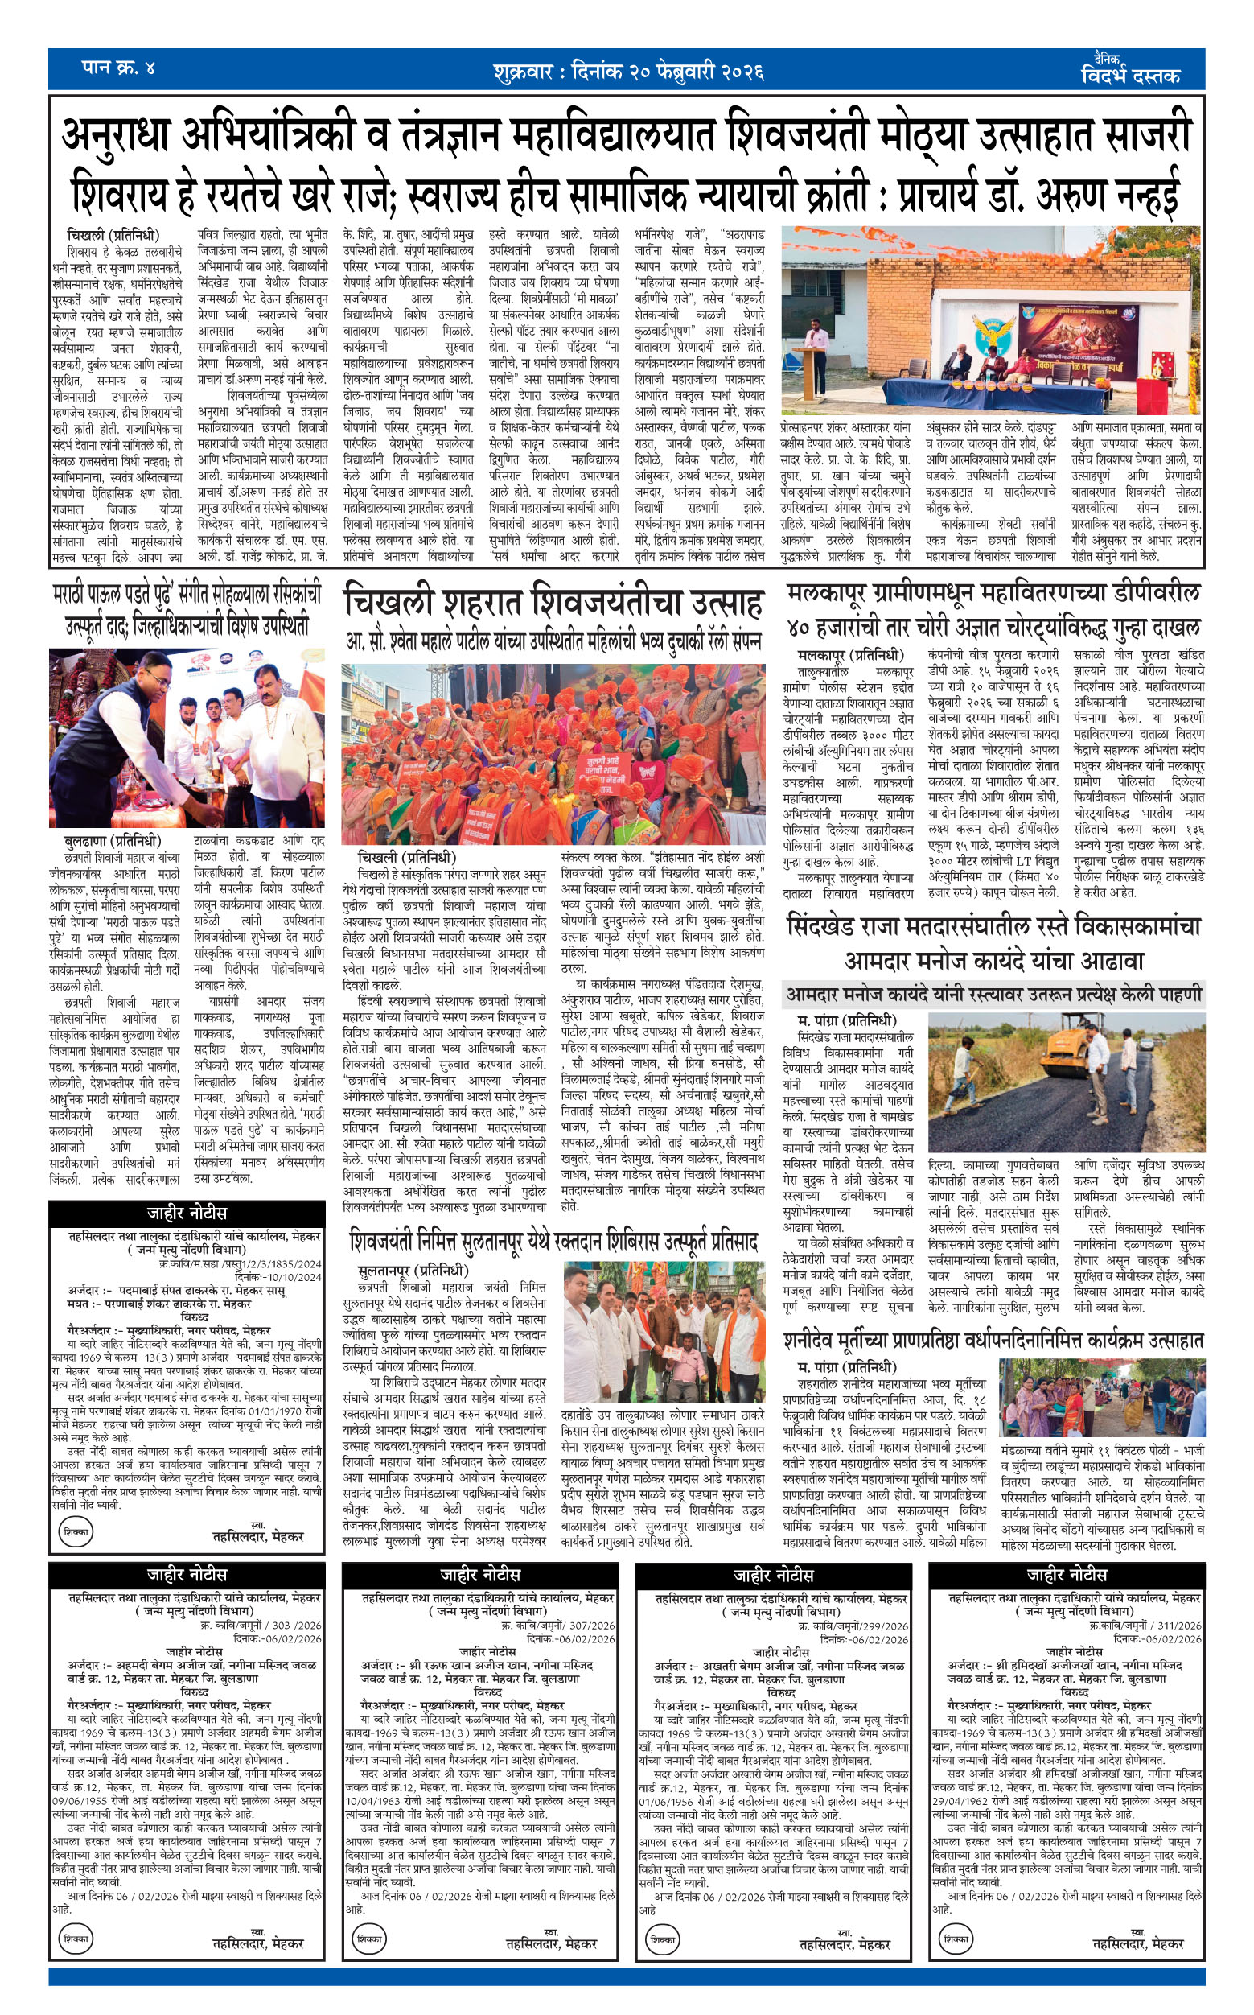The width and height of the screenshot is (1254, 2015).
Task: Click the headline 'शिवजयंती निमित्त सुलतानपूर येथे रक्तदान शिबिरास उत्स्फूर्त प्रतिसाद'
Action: click(553, 1242)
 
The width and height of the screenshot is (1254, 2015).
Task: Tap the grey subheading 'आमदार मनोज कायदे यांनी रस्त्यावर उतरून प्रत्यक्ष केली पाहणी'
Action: click(993, 994)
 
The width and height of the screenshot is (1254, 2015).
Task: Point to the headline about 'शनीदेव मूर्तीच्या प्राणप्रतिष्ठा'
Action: click(993, 1340)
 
